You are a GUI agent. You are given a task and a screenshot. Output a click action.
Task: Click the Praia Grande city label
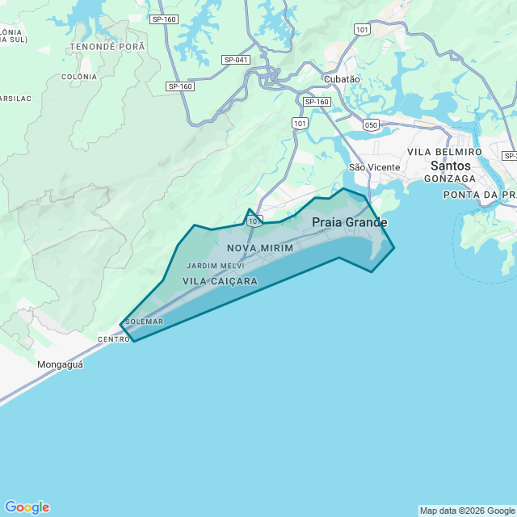(x=350, y=222)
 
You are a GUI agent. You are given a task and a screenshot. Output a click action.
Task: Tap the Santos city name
(x=451, y=166)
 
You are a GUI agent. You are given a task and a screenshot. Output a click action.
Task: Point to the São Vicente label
(x=374, y=167)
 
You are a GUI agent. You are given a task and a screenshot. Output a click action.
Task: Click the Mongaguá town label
(x=60, y=364)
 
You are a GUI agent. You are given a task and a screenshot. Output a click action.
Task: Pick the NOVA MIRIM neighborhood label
(x=260, y=248)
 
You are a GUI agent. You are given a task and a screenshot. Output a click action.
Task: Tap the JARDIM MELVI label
(x=215, y=266)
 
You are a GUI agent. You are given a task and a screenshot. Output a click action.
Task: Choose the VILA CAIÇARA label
(x=221, y=281)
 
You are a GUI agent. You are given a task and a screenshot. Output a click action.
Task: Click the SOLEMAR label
(x=144, y=322)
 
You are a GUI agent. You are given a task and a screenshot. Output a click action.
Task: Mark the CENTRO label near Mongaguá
(x=113, y=339)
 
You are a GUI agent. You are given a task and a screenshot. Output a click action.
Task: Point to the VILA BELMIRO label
(x=444, y=152)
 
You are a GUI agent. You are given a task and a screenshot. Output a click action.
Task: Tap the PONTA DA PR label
(x=479, y=195)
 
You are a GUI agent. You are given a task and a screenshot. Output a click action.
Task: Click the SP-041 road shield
(x=236, y=60)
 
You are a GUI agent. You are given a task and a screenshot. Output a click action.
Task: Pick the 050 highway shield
(x=372, y=124)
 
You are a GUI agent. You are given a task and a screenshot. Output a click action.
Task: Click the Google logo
(x=27, y=507)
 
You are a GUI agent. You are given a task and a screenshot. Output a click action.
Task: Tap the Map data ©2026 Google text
(x=466, y=511)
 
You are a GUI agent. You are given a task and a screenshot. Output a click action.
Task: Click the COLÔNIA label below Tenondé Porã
(x=79, y=77)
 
